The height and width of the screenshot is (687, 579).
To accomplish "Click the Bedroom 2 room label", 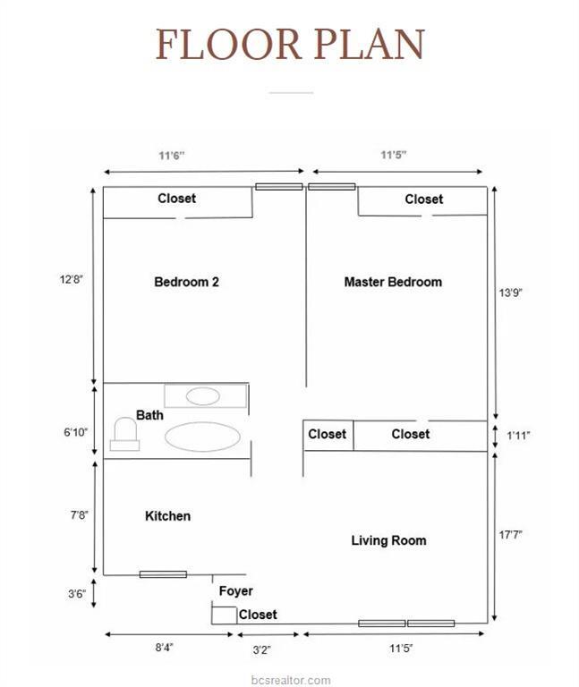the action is coord(186,282).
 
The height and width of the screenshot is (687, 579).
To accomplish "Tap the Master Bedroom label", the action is coord(393,282).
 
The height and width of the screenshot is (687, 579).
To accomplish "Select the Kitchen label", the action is coord(168,515).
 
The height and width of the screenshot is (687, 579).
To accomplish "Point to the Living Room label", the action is coord(388,540).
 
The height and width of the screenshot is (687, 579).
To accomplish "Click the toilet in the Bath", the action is coord(125,434).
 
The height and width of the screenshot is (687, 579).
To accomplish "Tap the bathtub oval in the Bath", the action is coord(202,437).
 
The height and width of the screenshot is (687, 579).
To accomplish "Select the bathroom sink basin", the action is coord(202,396).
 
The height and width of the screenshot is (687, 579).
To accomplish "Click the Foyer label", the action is coord(236,591).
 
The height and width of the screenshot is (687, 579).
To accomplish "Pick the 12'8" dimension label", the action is coord(72,279).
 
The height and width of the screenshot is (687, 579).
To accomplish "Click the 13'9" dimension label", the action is coord(511,293).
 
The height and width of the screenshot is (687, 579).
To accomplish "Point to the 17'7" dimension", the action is coord(511,535).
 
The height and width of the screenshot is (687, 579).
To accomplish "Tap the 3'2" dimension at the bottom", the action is coord(261,649).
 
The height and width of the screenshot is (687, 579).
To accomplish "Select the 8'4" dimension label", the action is coord(165,647).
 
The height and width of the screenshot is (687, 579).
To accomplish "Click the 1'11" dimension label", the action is coord(518,436).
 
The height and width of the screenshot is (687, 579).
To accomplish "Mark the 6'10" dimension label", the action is coord(76,432).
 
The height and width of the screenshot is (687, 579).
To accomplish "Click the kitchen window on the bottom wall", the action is coord(163,574).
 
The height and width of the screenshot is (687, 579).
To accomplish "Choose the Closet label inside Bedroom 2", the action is coord(176,199).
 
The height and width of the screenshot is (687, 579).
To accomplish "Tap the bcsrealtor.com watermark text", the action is coord(291,680).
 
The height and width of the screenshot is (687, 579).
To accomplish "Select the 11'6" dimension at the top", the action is coord(172,156).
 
